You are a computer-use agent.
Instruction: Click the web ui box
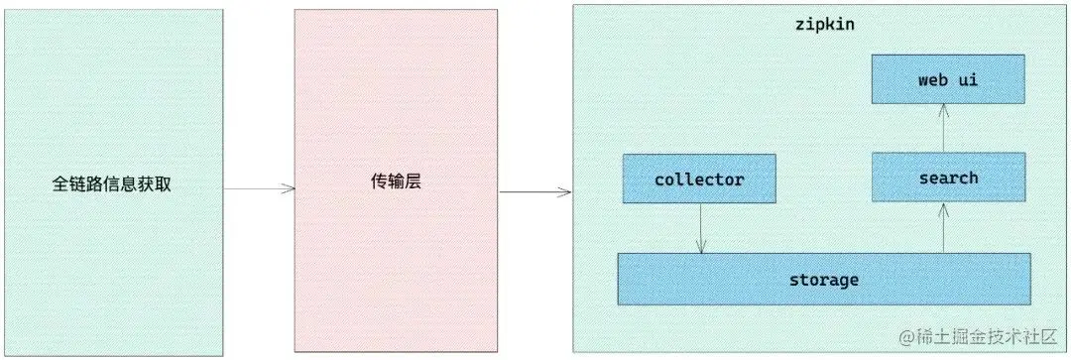pos(948,79)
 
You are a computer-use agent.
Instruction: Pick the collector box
pos(699,180)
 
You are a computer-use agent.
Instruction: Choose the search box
pos(948,179)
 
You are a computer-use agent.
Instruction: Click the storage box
pos(823,279)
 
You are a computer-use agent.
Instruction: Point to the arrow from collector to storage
pos(700,229)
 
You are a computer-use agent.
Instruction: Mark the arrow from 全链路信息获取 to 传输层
pos(259,188)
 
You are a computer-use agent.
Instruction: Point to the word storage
pos(823,280)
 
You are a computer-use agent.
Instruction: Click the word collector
pos(699,180)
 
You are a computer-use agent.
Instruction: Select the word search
pos(948,179)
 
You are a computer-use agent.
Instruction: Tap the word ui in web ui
pos(967,79)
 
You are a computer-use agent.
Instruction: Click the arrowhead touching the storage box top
pos(700,248)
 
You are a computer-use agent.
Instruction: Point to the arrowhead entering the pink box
pos(290,188)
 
